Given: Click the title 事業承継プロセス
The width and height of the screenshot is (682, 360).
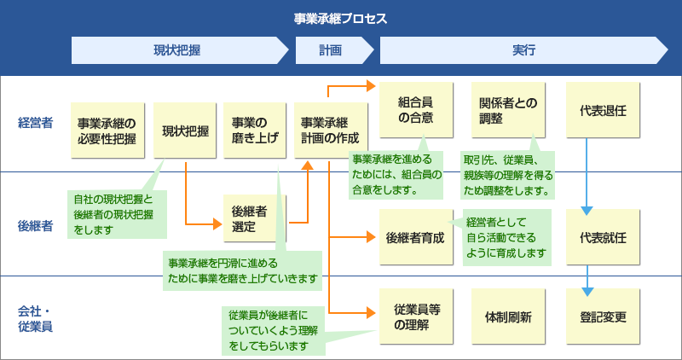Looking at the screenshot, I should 340,18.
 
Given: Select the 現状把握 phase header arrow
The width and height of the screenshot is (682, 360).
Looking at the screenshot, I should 177,50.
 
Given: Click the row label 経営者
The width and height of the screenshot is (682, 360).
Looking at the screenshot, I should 36,123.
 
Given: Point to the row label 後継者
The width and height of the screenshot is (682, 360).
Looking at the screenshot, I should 36,226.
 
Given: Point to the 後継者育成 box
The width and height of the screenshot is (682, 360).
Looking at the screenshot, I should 416,236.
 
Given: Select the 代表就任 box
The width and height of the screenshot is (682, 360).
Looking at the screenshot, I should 604,236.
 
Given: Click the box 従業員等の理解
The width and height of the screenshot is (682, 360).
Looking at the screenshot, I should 416,316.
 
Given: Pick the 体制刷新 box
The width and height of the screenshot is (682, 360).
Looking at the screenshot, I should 509,316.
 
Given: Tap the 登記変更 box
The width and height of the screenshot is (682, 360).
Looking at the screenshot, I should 604,316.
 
